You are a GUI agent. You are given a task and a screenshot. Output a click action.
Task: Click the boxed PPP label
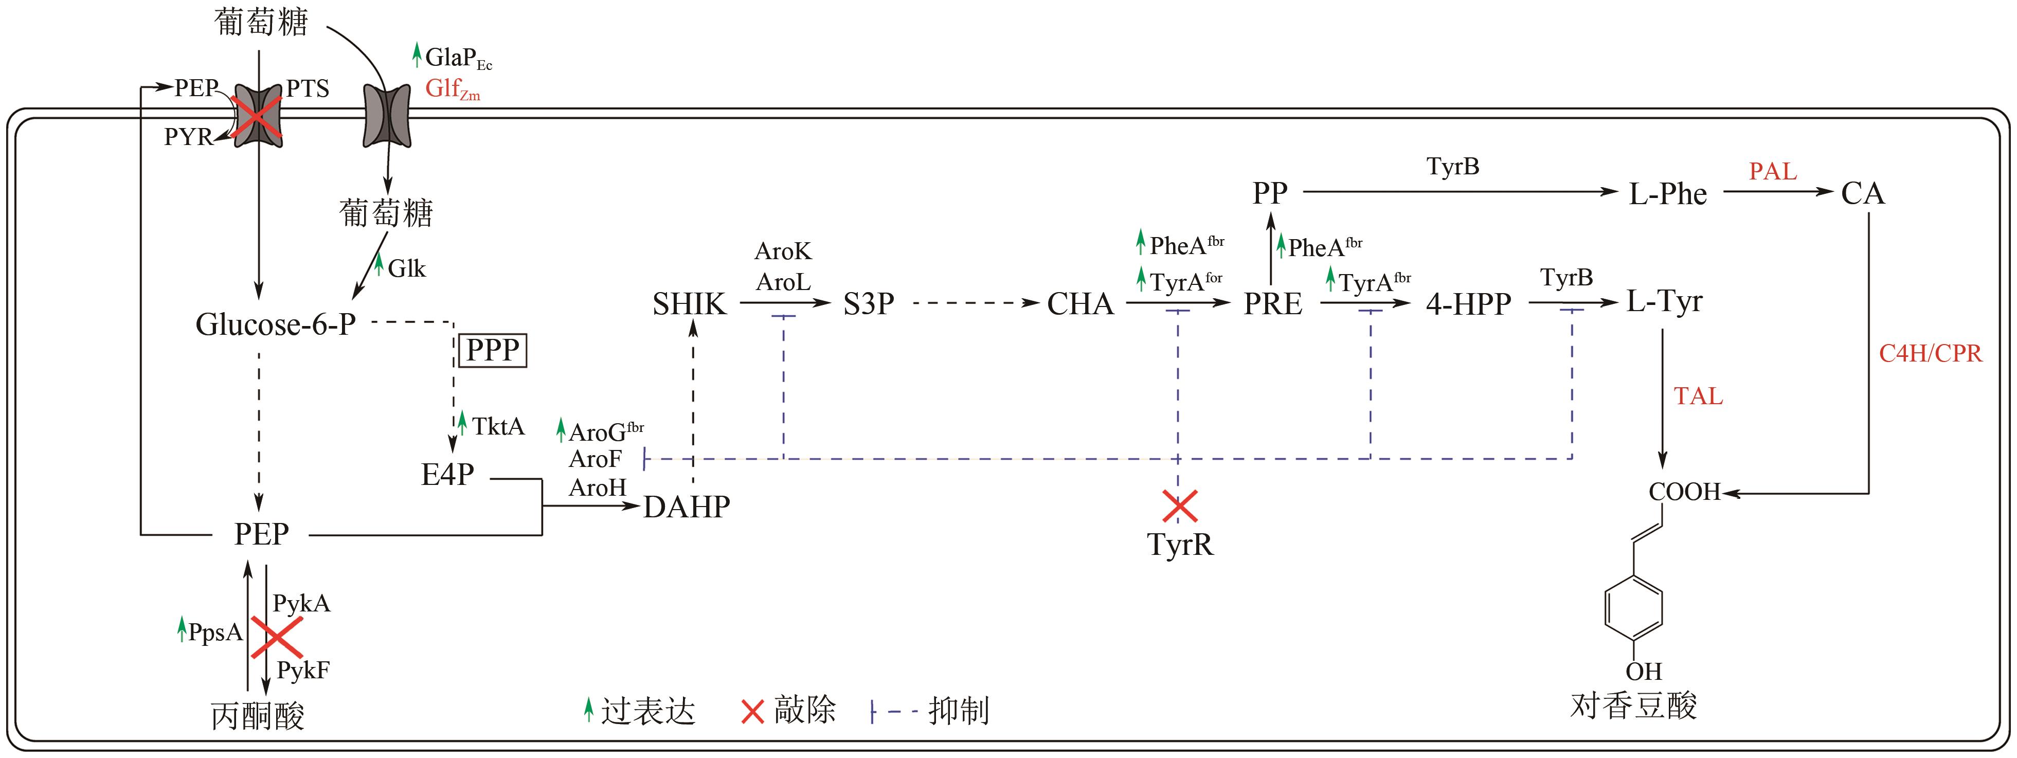pyautogui.click(x=493, y=350)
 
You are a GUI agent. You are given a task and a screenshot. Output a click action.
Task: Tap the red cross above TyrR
pyautogui.click(x=1179, y=506)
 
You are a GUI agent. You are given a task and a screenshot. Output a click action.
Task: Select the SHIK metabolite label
pyautogui.click(x=689, y=304)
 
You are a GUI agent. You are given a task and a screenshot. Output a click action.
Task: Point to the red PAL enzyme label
pyautogui.click(x=1773, y=171)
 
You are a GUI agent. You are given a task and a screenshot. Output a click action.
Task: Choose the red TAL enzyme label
pyautogui.click(x=1698, y=396)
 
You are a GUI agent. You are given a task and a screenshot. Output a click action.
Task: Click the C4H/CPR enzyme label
pyautogui.click(x=1930, y=354)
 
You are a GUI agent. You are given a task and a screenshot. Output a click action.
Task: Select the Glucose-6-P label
pyautogui.click(x=276, y=324)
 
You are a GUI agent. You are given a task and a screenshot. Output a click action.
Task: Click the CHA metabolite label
pyautogui.click(x=1080, y=304)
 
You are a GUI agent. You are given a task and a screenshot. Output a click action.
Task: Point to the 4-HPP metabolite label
pyautogui.click(x=1468, y=304)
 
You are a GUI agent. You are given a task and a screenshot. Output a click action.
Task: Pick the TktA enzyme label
pyautogui.click(x=498, y=427)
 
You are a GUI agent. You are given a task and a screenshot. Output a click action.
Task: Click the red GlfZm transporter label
pyautogui.click(x=452, y=89)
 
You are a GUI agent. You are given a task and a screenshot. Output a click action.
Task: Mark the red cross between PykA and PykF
pyautogui.click(x=276, y=637)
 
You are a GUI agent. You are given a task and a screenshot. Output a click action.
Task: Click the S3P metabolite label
pyautogui.click(x=868, y=304)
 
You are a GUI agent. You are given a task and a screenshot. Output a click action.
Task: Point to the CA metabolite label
pyautogui.click(x=1862, y=193)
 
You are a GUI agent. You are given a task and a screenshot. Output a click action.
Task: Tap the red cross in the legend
pyautogui.click(x=752, y=711)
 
